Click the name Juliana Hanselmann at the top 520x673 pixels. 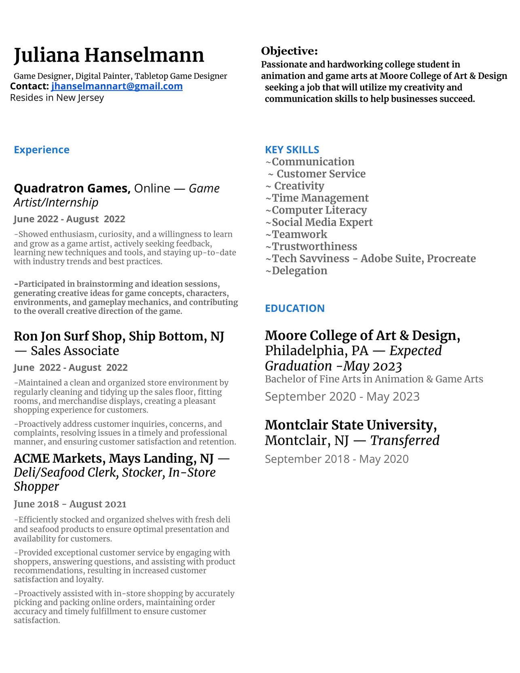109,55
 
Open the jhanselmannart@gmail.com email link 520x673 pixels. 116,86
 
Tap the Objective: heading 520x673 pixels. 289,51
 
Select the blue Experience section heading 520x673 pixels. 42,150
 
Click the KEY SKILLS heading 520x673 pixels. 292,150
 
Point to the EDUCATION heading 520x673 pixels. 294,308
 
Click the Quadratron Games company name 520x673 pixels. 71,188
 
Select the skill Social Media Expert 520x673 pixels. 322,222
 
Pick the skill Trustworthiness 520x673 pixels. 314,247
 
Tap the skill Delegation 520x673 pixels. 299,271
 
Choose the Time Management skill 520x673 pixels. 320,198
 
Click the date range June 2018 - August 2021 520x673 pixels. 70,504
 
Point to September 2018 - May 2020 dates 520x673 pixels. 336,459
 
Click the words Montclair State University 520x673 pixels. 351,425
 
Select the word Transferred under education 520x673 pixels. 405,440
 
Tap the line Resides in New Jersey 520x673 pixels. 57,98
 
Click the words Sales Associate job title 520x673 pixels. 75,351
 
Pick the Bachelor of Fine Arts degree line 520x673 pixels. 374,379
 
